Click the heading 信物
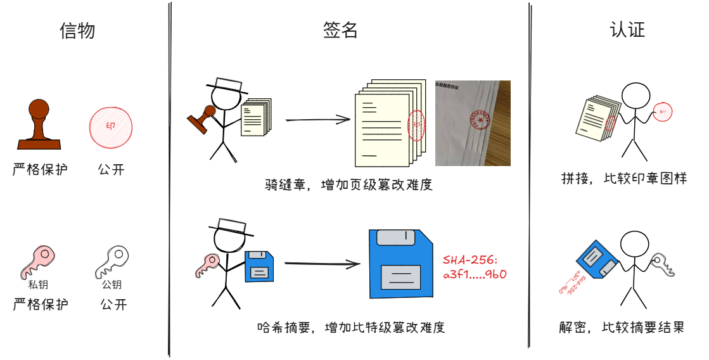[77, 30]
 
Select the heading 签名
[340, 30]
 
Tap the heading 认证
[627, 30]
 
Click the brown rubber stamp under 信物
[39, 124]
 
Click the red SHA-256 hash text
[475, 267]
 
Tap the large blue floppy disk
[400, 264]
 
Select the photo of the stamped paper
[473, 123]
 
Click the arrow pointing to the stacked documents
[317, 119]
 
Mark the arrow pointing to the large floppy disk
[317, 263]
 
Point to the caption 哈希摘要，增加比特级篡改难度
[350, 328]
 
